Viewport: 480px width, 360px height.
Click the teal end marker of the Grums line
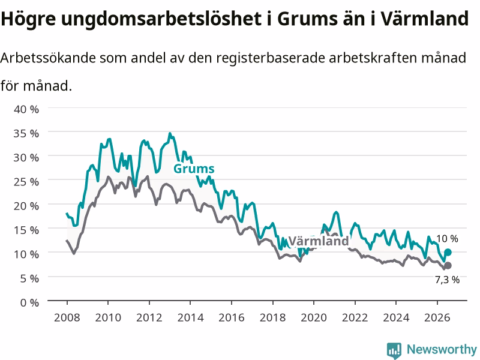click(448, 252)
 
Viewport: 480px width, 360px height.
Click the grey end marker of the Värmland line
click(448, 265)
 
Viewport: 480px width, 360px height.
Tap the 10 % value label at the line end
click(447, 238)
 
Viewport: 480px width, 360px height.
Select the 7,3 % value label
click(447, 280)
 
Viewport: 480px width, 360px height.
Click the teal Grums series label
click(194, 169)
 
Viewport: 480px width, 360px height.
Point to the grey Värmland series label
click(319, 241)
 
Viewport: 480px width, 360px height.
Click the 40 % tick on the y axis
click(26, 109)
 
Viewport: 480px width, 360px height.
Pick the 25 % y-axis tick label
click(26, 182)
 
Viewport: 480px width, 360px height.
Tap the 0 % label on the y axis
click(29, 302)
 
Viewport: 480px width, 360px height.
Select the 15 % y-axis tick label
click(26, 230)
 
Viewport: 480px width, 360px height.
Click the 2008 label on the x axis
click(67, 317)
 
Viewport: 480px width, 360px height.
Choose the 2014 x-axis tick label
click(190, 317)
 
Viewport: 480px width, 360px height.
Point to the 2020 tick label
click(314, 317)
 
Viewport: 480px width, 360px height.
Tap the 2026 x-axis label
click(437, 317)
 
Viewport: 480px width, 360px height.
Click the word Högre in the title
click(28, 19)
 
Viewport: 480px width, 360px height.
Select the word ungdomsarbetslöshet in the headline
click(161, 19)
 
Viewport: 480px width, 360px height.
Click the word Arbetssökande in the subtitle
click(48, 58)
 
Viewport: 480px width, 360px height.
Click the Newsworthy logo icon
click(394, 350)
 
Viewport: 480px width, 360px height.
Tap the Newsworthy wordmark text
click(442, 349)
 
